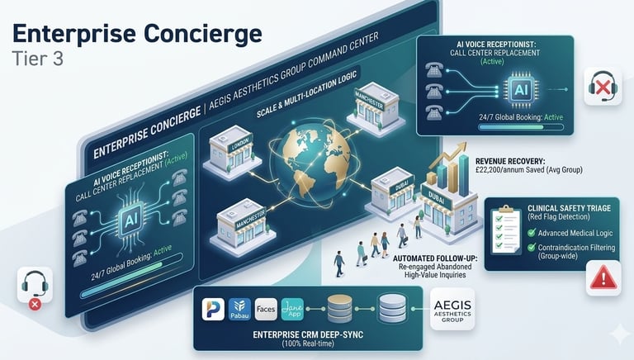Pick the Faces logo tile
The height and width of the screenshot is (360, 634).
[x=267, y=310]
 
